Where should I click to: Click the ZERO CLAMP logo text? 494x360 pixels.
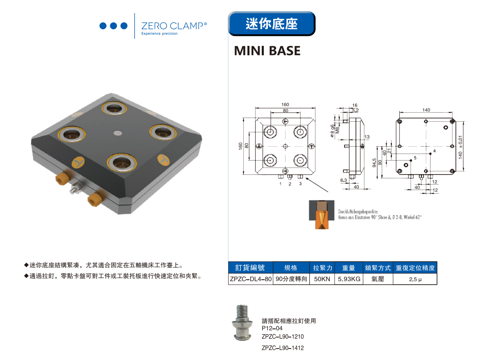click(x=174, y=26)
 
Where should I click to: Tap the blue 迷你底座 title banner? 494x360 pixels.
click(x=271, y=23)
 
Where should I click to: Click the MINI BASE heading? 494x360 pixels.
click(x=267, y=51)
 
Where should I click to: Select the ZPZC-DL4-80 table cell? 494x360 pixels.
click(x=250, y=279)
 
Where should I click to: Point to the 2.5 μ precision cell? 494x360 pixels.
click(x=415, y=279)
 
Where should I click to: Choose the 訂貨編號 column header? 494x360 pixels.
click(x=250, y=268)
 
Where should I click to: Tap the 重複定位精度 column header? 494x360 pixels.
click(x=415, y=268)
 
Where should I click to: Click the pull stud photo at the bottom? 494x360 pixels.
click(x=242, y=323)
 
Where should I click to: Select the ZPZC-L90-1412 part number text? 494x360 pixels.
click(x=283, y=348)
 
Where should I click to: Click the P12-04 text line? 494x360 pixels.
click(x=272, y=328)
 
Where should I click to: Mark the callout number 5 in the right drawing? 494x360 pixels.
click(x=415, y=158)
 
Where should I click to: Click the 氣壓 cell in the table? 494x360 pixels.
click(x=378, y=279)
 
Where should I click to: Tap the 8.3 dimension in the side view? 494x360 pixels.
click(x=343, y=180)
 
